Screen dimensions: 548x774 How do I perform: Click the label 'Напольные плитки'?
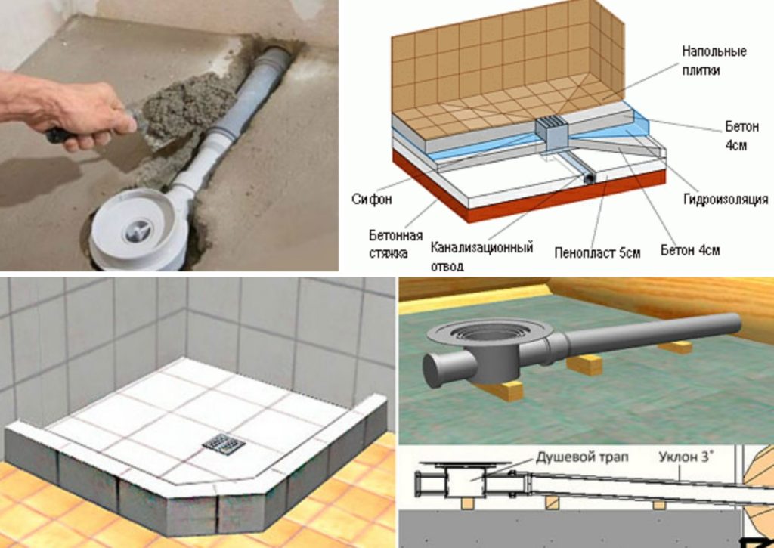pos(714,60)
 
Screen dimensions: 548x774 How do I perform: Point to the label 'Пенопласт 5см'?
pos(597,252)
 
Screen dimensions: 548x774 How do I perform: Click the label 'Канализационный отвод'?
pos(481,256)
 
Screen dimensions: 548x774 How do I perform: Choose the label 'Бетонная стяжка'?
pos(396,244)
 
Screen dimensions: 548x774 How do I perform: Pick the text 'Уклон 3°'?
pos(685,457)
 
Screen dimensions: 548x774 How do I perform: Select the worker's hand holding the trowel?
pos(83,113)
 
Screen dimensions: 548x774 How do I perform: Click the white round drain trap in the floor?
pos(135,231)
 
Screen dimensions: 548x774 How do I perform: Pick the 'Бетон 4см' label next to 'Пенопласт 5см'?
pos(689,250)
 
